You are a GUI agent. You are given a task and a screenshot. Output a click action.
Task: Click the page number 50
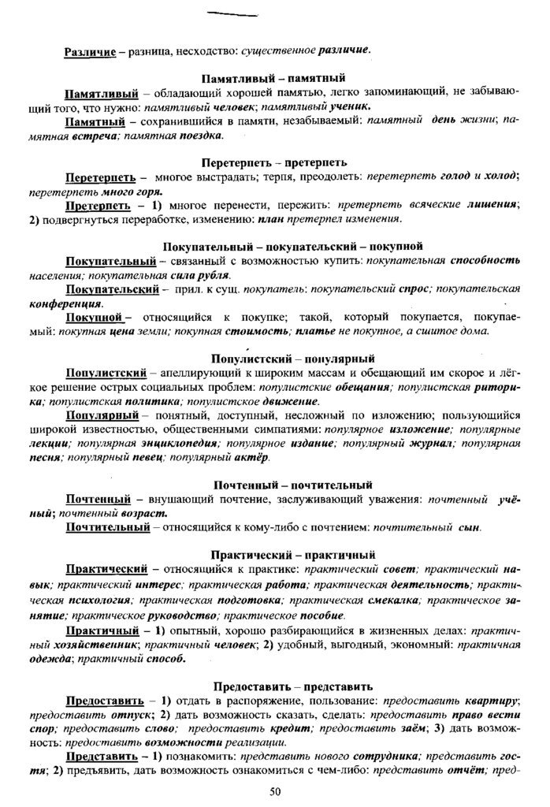pos(274,791)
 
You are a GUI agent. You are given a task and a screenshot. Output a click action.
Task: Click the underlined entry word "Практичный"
pos(102,631)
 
